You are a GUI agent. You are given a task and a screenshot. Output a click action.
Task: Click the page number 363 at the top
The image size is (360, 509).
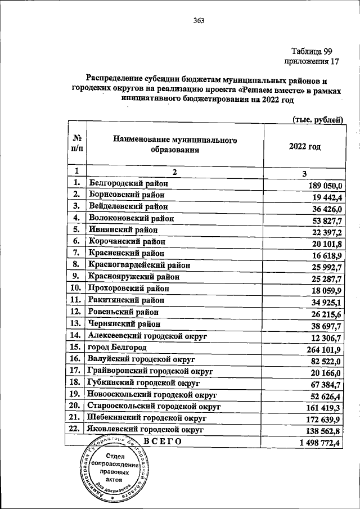(198, 21)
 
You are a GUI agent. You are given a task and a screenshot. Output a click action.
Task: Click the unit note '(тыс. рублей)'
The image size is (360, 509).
(318, 119)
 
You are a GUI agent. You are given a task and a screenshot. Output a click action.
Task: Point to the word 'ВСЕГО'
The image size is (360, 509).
(163, 442)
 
